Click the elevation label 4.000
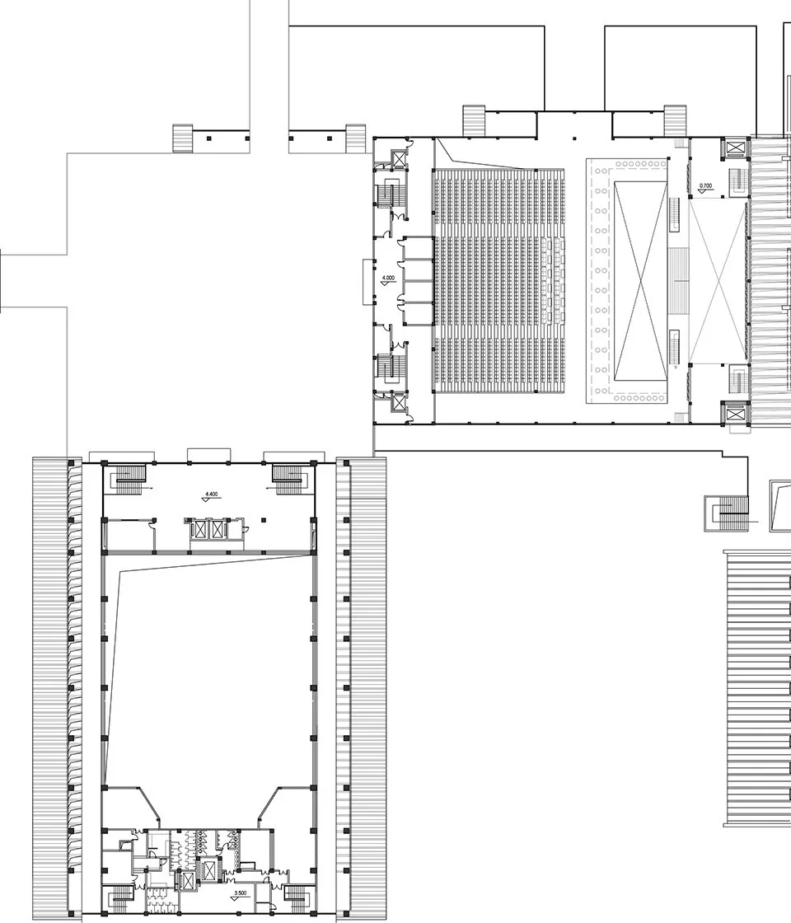tap(388, 279)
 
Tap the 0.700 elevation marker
tap(705, 186)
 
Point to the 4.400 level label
tap(211, 494)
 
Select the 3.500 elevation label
tap(241, 893)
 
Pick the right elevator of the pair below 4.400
tap(218, 528)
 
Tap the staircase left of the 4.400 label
tap(128, 476)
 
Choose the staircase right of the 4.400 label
tap(290, 476)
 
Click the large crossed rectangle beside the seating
tap(639, 281)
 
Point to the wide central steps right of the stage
tap(680, 280)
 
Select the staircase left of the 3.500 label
tap(120, 897)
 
